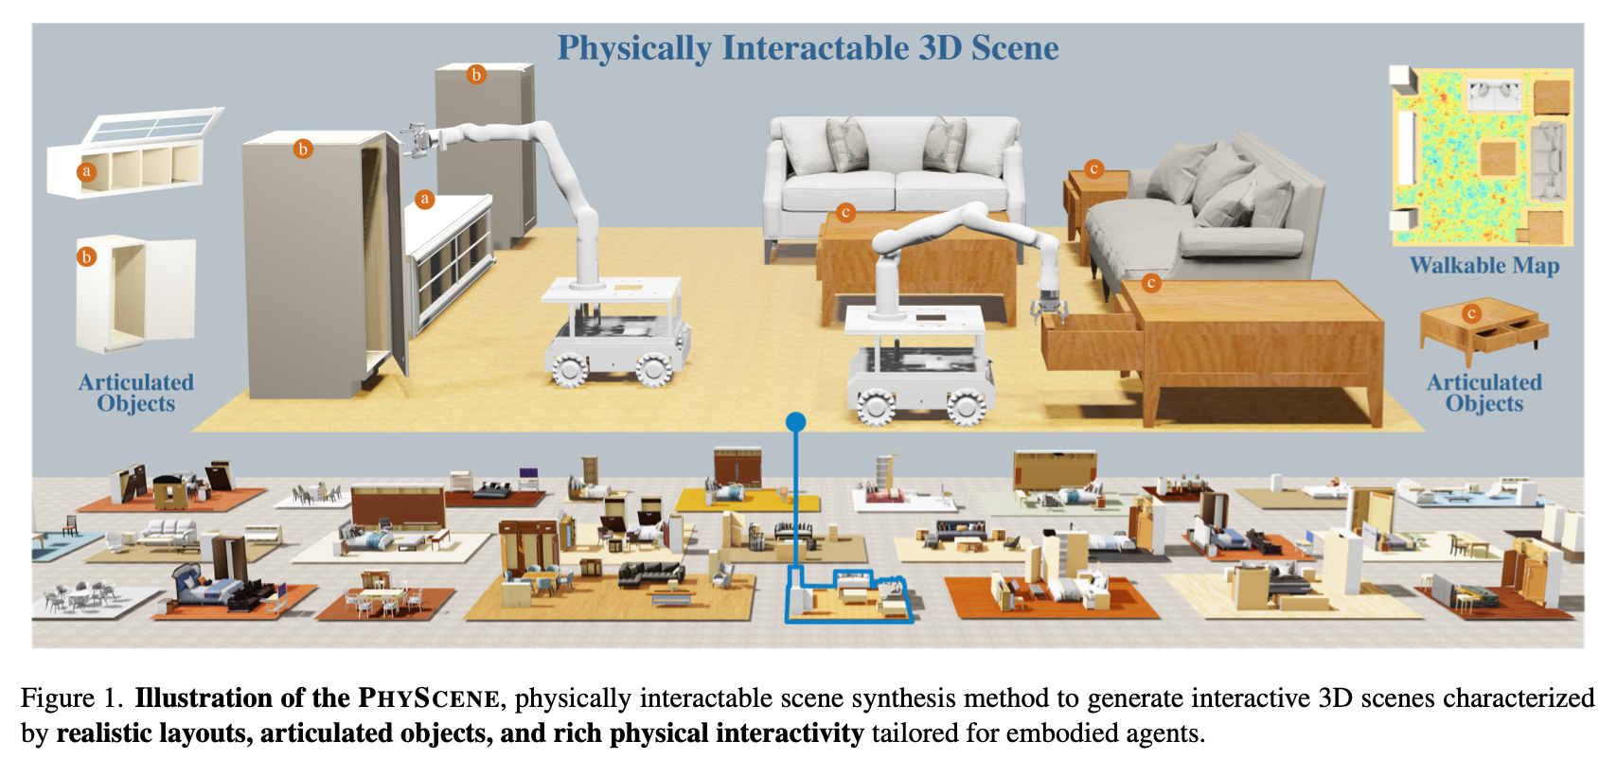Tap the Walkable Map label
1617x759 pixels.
click(x=1484, y=266)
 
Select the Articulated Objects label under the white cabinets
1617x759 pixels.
click(x=135, y=393)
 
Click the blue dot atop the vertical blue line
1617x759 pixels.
click(x=795, y=422)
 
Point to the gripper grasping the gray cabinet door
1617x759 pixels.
click(x=418, y=140)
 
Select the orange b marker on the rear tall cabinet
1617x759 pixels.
click(x=475, y=75)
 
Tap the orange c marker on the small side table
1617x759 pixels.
click(x=1094, y=168)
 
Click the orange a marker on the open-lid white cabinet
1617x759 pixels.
click(x=87, y=171)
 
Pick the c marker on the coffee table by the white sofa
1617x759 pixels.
click(x=845, y=213)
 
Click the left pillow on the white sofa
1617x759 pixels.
click(x=847, y=144)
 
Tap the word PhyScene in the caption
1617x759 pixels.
click(x=429, y=698)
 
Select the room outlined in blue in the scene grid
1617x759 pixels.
click(x=849, y=596)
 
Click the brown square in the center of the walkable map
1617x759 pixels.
click(x=1497, y=159)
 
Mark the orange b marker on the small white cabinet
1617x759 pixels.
click(x=87, y=256)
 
